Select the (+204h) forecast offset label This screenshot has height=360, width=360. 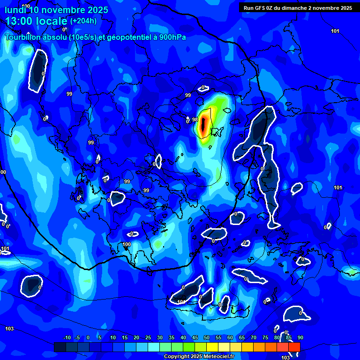83,21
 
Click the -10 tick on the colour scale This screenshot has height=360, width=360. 67,338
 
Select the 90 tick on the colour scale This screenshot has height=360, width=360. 300,338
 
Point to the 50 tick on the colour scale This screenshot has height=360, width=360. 207,338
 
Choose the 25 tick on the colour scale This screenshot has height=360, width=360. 148,338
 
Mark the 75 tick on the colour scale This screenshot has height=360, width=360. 265,338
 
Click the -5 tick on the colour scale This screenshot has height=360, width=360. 78,338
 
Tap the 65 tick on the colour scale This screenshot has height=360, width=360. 242,338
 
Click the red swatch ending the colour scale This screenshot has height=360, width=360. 294,347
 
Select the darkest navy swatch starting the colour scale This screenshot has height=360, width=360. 60,347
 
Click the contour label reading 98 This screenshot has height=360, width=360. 195,120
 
